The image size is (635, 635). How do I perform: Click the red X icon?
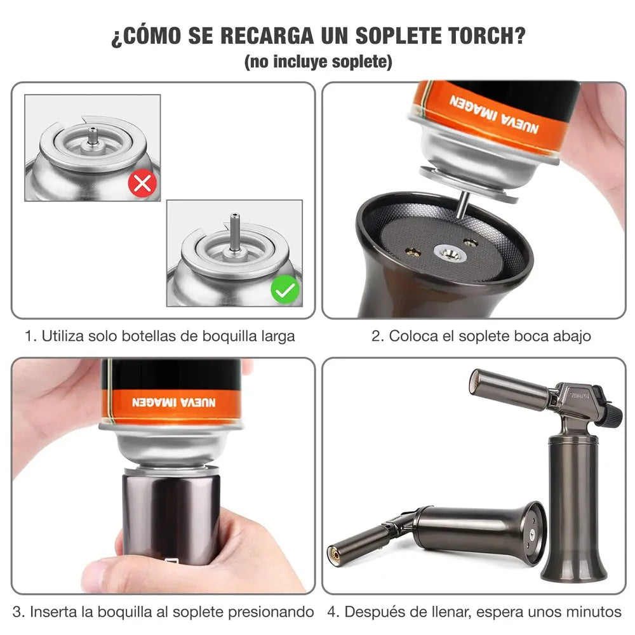point(142,184)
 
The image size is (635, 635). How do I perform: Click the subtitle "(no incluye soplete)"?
point(318,62)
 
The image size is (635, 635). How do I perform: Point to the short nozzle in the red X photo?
point(93,134)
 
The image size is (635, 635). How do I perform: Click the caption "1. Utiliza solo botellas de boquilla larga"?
point(160,336)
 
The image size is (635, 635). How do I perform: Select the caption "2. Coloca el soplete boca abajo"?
point(481,336)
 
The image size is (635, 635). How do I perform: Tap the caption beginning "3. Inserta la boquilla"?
point(163,612)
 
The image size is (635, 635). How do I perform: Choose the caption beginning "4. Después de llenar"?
point(474,612)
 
